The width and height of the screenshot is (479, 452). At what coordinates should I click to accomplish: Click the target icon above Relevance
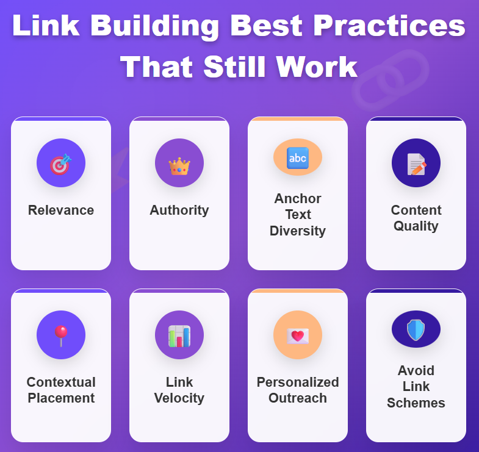[x=61, y=164]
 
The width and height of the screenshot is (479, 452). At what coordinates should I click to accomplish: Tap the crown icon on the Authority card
[x=179, y=167]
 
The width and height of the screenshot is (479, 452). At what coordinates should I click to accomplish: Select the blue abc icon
[x=298, y=158]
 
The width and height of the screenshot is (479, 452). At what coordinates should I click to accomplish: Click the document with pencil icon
[x=416, y=164]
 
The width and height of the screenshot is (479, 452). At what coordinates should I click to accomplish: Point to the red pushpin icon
[x=61, y=335]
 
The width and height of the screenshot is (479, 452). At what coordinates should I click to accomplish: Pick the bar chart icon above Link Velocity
[x=179, y=336]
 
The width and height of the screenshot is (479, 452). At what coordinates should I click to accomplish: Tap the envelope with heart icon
[x=298, y=336]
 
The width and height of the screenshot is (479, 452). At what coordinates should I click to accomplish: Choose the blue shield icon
[x=416, y=330]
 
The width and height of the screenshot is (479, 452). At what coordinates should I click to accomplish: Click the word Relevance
[x=61, y=210]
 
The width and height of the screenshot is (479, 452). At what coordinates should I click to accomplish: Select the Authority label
[x=179, y=210]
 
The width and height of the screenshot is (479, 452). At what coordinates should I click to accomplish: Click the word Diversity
[x=298, y=231]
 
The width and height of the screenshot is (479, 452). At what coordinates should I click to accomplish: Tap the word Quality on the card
[x=416, y=226]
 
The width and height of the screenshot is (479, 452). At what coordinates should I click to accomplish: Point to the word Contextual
[x=61, y=382]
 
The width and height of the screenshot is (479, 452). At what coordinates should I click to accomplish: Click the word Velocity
[x=179, y=398]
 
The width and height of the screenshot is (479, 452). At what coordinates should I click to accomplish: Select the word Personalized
[x=298, y=382]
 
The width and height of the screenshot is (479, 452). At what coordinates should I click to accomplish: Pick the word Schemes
[x=416, y=403]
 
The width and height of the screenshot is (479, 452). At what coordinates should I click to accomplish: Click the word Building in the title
[x=154, y=27]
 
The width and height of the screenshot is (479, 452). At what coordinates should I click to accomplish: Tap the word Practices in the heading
[x=389, y=26]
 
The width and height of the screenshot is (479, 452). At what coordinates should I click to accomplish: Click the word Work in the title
[x=317, y=66]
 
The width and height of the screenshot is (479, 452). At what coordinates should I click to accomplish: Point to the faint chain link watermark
[x=391, y=80]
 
